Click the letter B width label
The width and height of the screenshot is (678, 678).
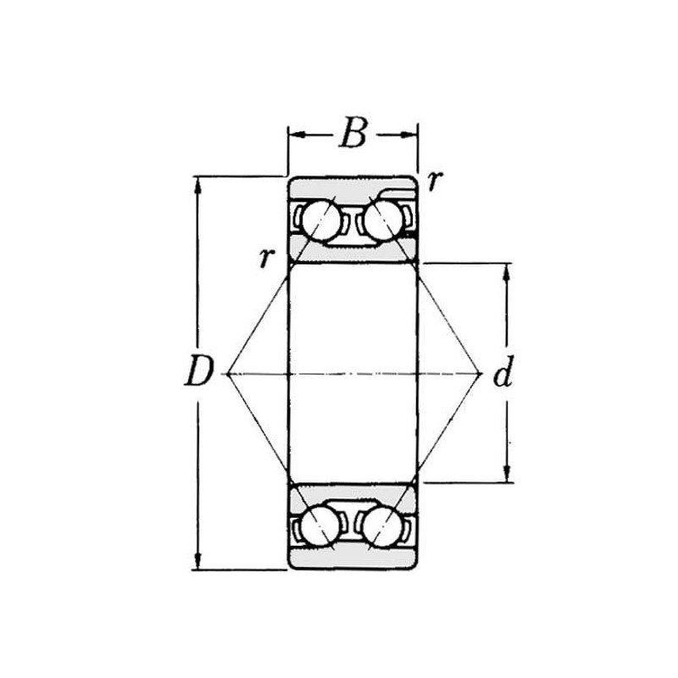[353, 132]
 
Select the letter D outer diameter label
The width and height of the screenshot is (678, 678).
[199, 370]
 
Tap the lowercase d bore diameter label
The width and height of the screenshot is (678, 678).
[503, 371]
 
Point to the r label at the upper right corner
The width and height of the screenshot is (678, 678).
[435, 181]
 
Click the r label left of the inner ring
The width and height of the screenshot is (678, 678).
[267, 258]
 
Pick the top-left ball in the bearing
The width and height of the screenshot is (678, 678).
[321, 220]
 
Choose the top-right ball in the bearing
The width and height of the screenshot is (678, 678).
[383, 220]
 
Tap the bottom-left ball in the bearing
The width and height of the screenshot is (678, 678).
[320, 525]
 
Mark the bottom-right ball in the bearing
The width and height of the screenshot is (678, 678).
[381, 525]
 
